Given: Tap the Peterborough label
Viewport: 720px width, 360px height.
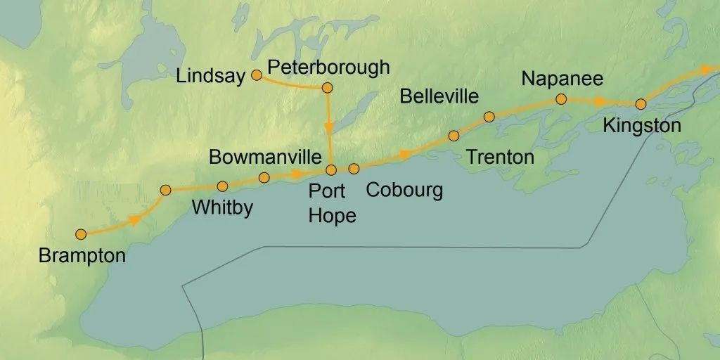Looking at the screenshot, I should pyautogui.click(x=328, y=67).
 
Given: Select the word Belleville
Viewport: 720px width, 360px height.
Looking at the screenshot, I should pyautogui.click(x=439, y=96).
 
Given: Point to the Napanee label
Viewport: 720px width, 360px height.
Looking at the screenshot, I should pyautogui.click(x=562, y=79).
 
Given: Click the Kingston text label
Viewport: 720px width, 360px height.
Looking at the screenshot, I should pyautogui.click(x=642, y=126).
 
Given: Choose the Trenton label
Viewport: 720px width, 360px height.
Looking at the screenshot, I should pyautogui.click(x=500, y=157).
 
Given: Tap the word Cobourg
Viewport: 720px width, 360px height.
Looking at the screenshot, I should pyautogui.click(x=404, y=190).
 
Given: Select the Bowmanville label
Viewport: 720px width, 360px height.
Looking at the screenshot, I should pyautogui.click(x=265, y=157).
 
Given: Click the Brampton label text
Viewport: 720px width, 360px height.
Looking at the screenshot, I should pyautogui.click(x=82, y=255).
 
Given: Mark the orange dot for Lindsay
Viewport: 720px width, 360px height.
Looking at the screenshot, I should pyautogui.click(x=257, y=75).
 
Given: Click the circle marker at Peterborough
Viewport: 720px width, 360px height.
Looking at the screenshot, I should pyautogui.click(x=327, y=88).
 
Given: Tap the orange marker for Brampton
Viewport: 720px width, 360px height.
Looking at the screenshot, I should pyautogui.click(x=81, y=233).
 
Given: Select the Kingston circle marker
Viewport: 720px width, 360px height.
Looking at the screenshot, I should pyautogui.click(x=641, y=104).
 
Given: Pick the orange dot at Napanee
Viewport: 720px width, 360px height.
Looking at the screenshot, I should pyautogui.click(x=561, y=99).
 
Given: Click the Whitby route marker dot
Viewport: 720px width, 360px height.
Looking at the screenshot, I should pyautogui.click(x=222, y=186).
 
